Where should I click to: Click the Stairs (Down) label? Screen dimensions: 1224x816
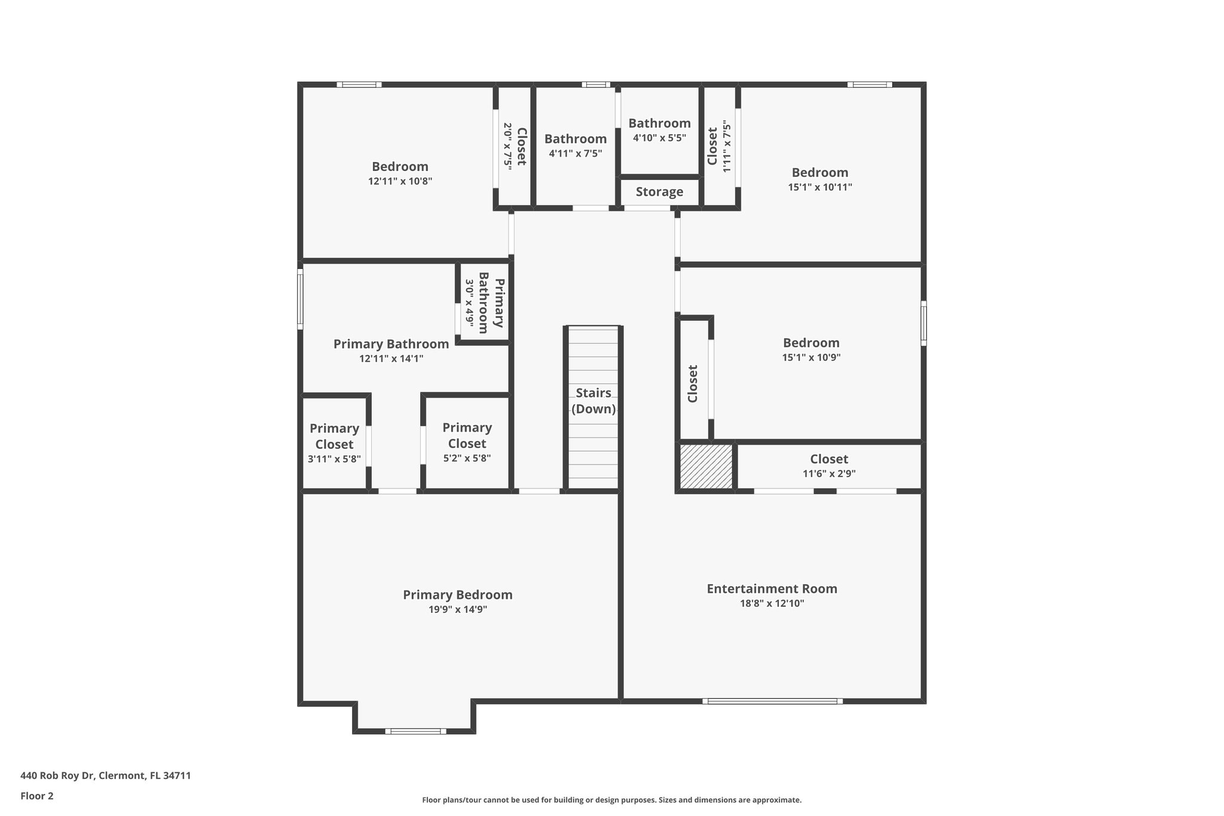point(593,401)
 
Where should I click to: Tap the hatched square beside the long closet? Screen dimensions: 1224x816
point(706,466)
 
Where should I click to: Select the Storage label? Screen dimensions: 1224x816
point(659,192)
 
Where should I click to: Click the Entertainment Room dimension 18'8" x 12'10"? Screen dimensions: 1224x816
point(772,604)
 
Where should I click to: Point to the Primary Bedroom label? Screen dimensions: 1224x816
point(457,595)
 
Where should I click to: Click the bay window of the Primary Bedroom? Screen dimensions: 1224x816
point(415,731)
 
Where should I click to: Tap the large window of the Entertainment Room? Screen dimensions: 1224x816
point(772,701)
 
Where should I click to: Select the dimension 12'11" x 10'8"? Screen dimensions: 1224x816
point(400,181)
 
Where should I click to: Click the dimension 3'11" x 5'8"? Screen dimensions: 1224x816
point(334,459)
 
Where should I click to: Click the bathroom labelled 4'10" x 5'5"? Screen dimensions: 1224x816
point(659,131)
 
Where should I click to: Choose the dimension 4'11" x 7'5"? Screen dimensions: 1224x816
point(575,154)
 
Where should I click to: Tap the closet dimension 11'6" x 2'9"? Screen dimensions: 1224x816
point(829,474)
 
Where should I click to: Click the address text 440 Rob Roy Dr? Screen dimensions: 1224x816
point(57,775)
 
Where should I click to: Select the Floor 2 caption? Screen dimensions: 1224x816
point(37,796)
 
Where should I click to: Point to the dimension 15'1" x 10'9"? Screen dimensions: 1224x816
point(811,357)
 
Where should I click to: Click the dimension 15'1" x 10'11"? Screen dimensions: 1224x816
point(819,187)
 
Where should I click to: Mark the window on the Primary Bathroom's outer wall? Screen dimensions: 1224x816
point(300,299)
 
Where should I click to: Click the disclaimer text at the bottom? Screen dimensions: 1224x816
point(611,800)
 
